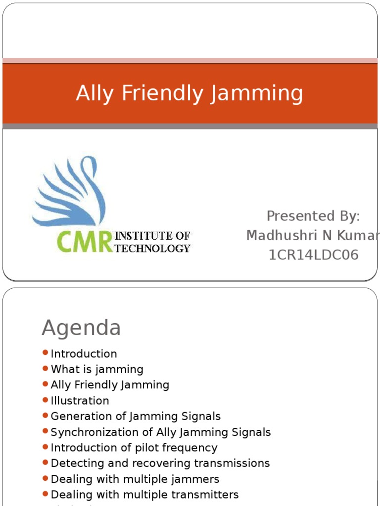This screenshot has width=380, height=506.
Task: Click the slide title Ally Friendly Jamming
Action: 190,93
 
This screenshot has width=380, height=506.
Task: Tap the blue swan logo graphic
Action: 69,193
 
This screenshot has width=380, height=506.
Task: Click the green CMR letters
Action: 85,242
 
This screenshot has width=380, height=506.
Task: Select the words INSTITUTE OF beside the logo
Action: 152,236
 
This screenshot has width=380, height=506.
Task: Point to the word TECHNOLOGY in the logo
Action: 152,248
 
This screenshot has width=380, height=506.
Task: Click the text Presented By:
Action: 313,216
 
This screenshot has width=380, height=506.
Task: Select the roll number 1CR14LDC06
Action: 313,255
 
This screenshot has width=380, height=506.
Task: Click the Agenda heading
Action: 81,328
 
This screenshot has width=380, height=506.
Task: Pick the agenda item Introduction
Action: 84,354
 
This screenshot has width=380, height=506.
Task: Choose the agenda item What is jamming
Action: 97,369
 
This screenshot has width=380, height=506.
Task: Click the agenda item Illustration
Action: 80,401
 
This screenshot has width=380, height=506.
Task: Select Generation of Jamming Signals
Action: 136,417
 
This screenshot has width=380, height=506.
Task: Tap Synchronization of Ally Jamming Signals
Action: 161,432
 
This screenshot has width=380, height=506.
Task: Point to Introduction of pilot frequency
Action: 134,448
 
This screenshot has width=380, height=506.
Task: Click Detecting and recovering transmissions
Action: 160,464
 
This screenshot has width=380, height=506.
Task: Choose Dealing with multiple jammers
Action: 135,479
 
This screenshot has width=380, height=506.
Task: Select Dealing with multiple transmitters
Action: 144,495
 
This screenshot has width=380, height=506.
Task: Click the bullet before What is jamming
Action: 46,369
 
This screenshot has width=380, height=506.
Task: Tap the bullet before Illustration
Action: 46,400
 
